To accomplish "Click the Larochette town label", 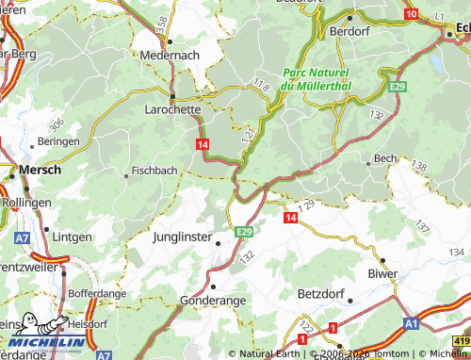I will coord(171,109).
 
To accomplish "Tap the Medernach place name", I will coord(169,56).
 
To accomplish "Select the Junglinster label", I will coord(185,237).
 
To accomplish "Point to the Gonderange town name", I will coord(213,300).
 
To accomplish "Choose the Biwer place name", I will coord(382,274).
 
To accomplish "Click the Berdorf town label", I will coord(350,30).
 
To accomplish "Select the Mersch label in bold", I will coord(41,171).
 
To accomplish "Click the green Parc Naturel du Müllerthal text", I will coord(317,79).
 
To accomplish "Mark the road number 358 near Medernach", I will coord(163,22).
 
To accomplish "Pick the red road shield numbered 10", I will coord(411,14).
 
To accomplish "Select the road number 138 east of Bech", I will coord(419,166).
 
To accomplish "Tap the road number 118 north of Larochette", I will coord(261,87).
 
